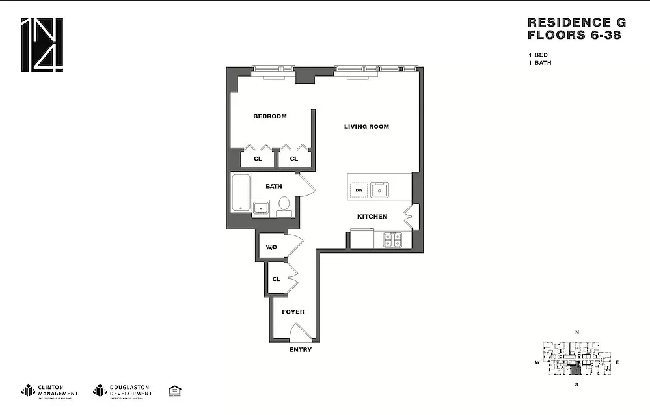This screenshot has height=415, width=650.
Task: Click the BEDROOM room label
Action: click(269, 116)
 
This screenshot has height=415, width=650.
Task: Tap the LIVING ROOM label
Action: click(366, 126)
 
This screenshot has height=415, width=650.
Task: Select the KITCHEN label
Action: click(372, 216)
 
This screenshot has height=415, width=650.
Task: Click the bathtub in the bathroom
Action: click(241, 193)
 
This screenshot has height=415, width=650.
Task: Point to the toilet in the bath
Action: click(284, 206)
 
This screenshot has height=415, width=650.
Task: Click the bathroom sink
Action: click(262, 208)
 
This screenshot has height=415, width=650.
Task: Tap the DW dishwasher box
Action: click(359, 190)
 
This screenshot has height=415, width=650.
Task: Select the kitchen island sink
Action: click(379, 190)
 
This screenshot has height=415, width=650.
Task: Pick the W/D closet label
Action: click(271, 247)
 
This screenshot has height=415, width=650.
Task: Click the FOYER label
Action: click(293, 312)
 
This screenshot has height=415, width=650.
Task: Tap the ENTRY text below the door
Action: click(300, 350)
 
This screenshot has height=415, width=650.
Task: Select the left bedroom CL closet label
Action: click(258, 159)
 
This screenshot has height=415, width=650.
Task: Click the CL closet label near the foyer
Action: click(276, 279)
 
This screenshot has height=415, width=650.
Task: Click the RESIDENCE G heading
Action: click(568, 22)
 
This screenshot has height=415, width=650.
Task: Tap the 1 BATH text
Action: click(539, 63)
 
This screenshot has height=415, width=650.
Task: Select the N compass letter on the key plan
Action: click(576, 332)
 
